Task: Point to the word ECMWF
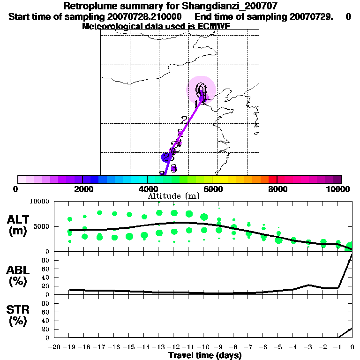(x=215, y=26)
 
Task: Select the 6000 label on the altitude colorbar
(x=212, y=189)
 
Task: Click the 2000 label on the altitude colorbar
(x=82, y=189)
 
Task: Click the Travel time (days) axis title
(x=205, y=356)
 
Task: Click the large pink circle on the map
(x=202, y=89)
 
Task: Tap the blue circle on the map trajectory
(x=165, y=157)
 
